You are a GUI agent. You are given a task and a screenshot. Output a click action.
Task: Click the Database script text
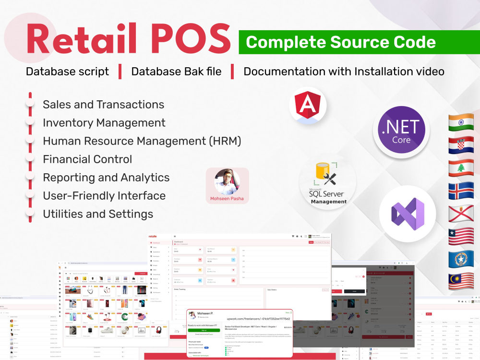(67, 72)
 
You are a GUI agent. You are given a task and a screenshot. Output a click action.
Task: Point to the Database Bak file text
(176, 72)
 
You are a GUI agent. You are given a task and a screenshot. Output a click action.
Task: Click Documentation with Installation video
(344, 72)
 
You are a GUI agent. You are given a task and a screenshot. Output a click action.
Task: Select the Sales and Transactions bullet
(103, 105)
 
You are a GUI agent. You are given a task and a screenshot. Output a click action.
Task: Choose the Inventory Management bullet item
(104, 123)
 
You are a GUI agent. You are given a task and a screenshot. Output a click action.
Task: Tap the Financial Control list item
(87, 159)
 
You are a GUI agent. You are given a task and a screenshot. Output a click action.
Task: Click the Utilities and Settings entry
(98, 214)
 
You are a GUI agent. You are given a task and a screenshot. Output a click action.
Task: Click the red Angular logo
(308, 106)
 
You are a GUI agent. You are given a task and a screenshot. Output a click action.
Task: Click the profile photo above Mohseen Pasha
(227, 181)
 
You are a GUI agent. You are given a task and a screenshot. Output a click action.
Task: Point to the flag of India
(461, 122)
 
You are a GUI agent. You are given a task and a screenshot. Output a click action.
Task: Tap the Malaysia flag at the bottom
(461, 282)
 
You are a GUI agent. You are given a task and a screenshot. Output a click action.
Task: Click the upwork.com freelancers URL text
(258, 318)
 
